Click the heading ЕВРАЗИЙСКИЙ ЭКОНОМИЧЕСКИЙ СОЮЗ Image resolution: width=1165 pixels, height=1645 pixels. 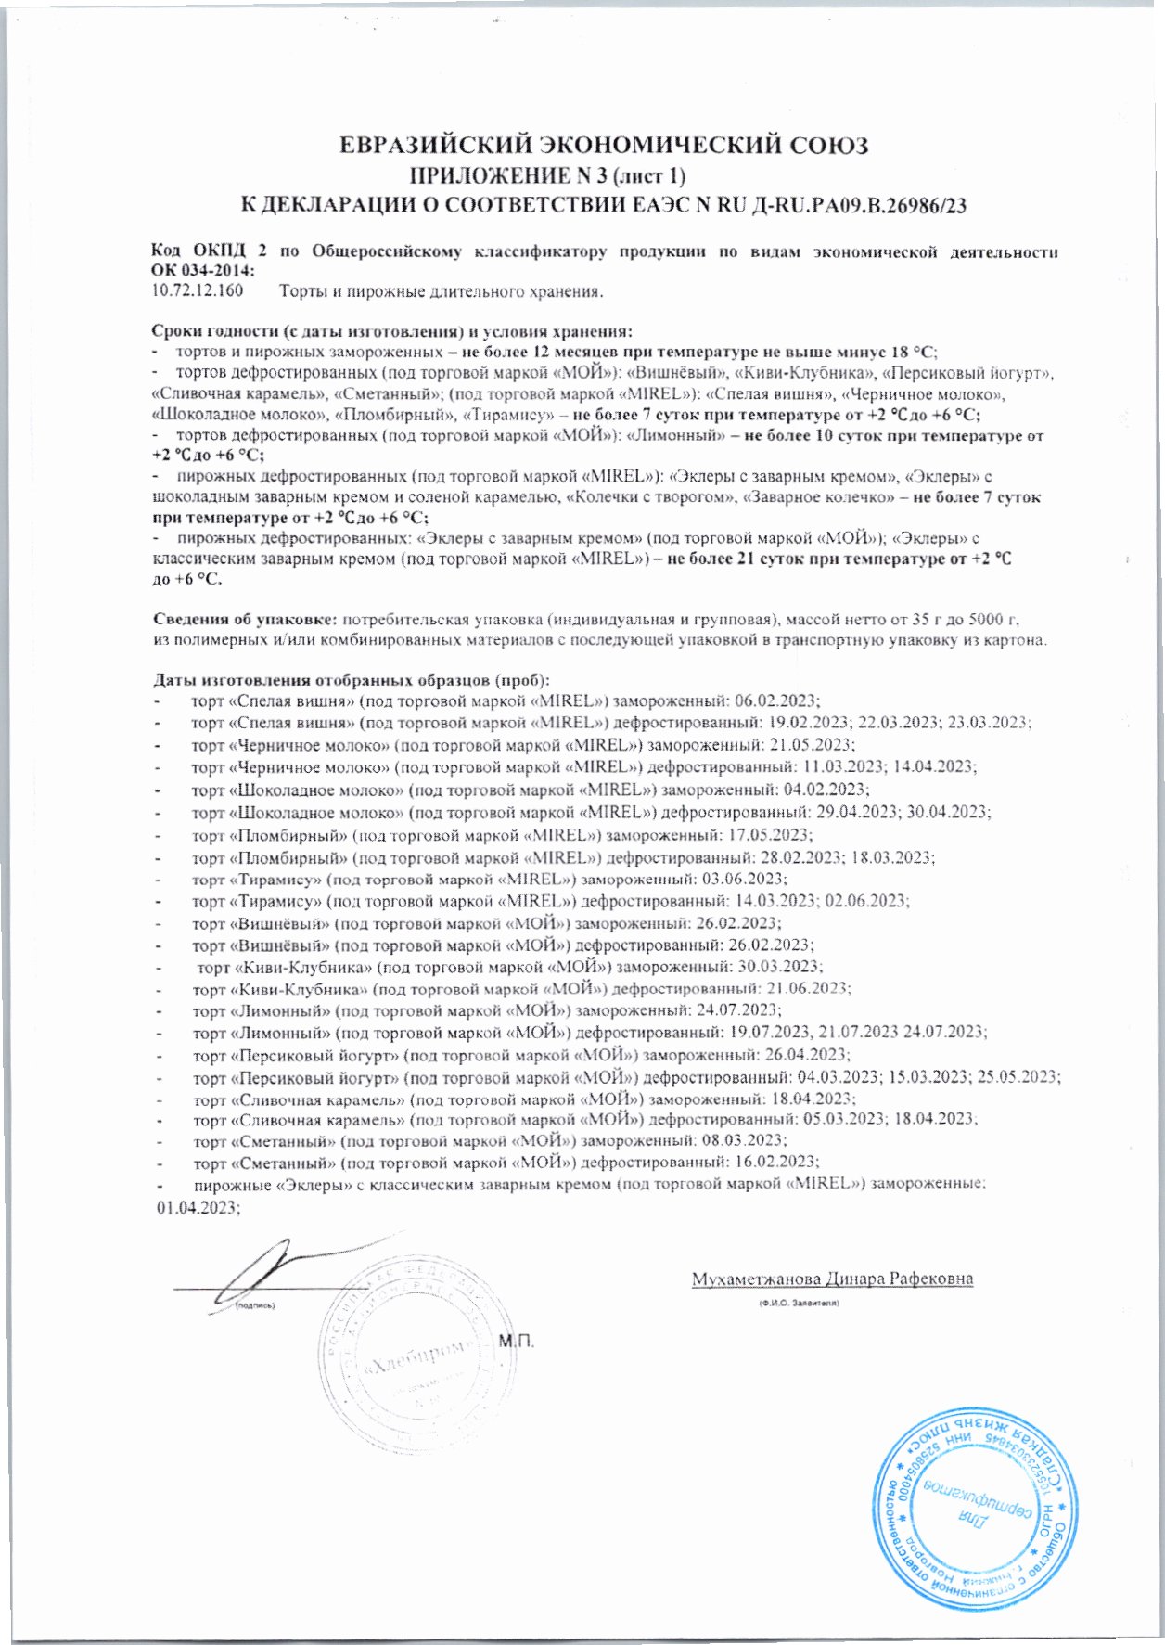tap(603, 146)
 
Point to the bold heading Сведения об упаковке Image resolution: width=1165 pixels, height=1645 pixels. tap(245, 619)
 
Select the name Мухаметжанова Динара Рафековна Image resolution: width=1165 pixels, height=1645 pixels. tap(831, 1279)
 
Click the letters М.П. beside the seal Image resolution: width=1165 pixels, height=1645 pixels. tap(518, 1342)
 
